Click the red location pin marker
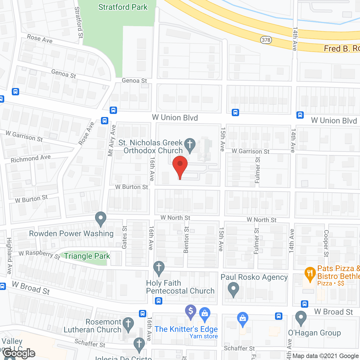click(180, 166)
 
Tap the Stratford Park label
click(123, 7)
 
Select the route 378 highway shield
click(266, 40)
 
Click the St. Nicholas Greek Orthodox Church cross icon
click(190, 145)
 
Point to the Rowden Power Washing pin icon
click(101, 218)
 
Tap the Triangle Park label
click(87, 256)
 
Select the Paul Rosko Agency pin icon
click(233, 289)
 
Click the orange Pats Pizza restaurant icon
click(310, 274)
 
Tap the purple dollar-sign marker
click(191, 311)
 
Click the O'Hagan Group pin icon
click(301, 318)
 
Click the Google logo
click(19, 353)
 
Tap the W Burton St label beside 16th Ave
click(132, 187)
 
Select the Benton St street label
click(186, 240)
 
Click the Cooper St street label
click(326, 243)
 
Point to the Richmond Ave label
click(31, 159)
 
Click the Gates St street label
click(124, 237)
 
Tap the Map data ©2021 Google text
click(326, 356)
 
